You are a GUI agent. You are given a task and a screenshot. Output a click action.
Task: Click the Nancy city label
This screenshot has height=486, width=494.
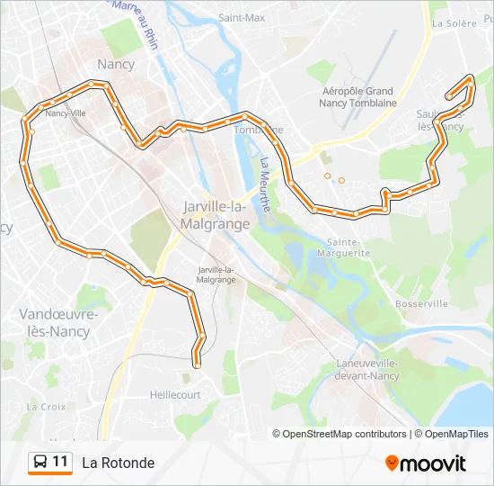116,65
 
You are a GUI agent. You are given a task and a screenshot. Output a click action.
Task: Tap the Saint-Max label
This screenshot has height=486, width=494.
242,18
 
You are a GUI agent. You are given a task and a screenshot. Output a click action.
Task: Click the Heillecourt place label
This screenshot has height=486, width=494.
175,394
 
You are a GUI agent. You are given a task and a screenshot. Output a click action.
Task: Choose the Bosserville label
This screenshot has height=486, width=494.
420,304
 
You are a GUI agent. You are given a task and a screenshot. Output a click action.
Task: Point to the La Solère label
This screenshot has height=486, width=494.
454,23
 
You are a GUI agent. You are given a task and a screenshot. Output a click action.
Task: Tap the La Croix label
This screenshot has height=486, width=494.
46,406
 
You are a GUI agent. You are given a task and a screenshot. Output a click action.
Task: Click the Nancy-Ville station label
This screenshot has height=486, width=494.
66,113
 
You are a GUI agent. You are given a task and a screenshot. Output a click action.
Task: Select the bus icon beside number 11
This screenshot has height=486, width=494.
40,463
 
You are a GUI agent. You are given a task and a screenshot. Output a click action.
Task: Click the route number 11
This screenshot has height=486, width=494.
60,463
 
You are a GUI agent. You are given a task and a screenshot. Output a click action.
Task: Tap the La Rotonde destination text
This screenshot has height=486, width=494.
118,463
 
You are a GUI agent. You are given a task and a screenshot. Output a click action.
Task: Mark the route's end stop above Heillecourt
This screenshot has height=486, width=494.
197,364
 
